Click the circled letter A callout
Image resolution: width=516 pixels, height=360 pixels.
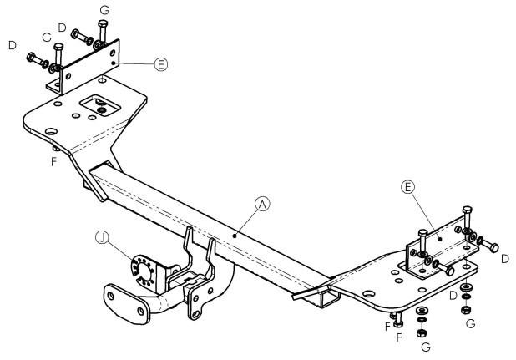pos(262,204)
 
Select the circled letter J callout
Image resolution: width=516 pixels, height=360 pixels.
pos(103,237)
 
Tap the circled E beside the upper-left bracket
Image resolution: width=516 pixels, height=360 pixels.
pos(161,64)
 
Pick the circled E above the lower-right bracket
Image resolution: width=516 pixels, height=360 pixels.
pos(407,187)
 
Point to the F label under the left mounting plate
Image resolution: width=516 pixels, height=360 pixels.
pos(54,161)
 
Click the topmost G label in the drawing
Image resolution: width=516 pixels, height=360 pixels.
pos(104,10)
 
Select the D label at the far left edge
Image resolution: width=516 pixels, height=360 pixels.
pos(13,45)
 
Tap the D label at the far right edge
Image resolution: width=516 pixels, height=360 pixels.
pos(505,259)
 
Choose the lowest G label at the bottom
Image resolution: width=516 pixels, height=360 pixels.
pos(426,347)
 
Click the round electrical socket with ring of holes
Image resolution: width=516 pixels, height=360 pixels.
pos(143,270)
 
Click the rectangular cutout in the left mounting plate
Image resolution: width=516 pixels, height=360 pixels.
pos(100,105)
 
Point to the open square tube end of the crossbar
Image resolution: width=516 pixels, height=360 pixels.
pos(330,298)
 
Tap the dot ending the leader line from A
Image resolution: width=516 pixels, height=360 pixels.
pos(235,236)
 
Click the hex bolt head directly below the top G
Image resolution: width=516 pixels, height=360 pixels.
pos(103,23)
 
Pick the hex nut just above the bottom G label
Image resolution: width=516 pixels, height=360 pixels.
pos(422,333)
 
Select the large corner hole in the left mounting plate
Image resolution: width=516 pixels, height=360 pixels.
pos(51,132)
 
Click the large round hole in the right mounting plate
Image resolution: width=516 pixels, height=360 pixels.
pos(368,294)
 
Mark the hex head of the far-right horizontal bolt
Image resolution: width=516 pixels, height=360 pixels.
pos(493,247)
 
